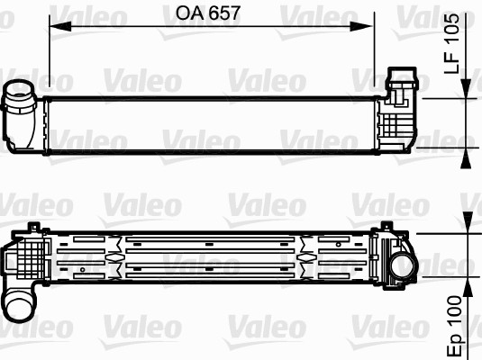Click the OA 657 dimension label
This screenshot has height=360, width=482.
[210, 13]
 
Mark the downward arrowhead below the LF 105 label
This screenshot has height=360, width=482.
[466, 89]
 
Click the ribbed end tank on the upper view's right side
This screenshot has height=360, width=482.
[396, 121]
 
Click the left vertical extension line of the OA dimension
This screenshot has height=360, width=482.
[49, 54]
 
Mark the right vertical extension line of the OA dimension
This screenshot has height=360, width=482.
[374, 54]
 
